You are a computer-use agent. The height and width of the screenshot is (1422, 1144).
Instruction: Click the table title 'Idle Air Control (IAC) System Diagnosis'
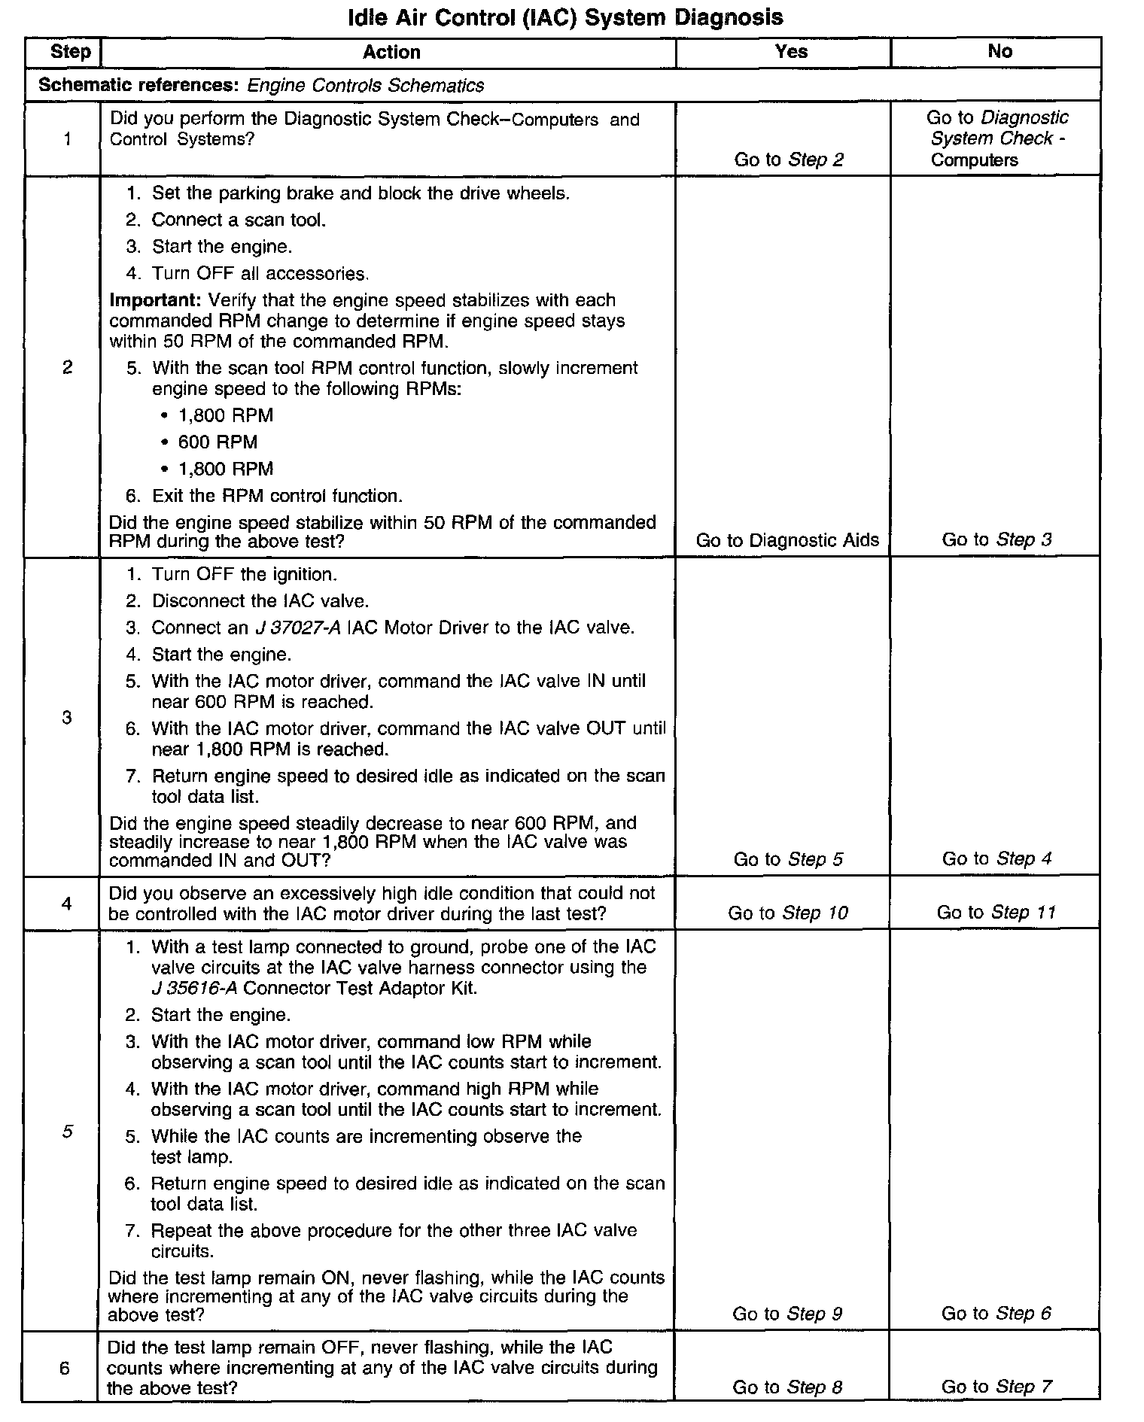coord(565,17)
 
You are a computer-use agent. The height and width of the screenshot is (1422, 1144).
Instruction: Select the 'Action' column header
coord(391,52)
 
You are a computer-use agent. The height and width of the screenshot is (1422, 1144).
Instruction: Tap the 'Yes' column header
coord(791,52)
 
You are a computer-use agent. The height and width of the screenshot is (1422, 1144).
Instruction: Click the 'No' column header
coord(999,51)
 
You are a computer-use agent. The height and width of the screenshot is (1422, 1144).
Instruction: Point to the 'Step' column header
coord(70,52)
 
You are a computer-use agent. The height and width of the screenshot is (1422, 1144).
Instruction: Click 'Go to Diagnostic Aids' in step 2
coord(787,540)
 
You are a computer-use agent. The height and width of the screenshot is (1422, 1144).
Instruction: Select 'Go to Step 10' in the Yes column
coord(787,913)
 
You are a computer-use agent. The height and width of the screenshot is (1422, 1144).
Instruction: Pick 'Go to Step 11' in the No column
coord(996,913)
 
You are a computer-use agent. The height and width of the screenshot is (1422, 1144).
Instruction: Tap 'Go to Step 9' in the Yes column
coord(787,1314)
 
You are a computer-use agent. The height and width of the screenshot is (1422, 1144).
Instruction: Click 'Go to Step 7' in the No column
coord(996,1387)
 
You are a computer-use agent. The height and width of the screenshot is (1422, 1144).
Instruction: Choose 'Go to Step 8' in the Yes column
coord(787,1387)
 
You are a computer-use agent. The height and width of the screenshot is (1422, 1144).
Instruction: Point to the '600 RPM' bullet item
coord(218,442)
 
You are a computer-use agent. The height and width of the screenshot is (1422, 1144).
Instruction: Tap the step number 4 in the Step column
coord(67,903)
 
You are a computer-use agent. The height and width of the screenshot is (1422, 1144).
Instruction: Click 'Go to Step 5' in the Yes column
coord(787,859)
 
